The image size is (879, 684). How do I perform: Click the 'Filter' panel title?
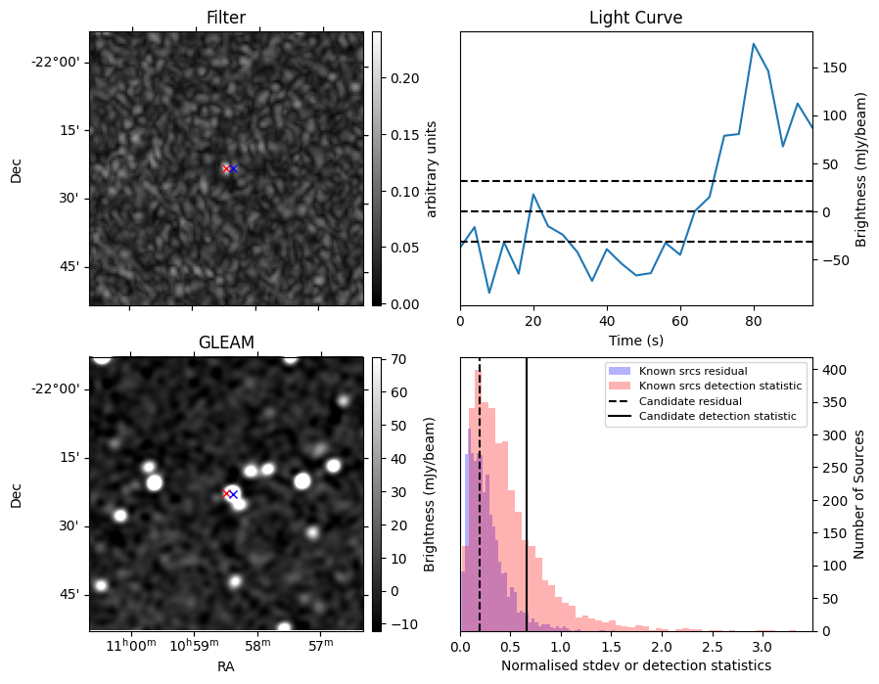[x=226, y=18]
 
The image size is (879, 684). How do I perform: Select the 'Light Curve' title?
[x=635, y=18]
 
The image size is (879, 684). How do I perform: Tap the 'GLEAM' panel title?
[x=226, y=342]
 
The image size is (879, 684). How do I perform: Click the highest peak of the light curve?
[x=754, y=44]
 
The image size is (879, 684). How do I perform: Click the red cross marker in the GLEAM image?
[x=226, y=493]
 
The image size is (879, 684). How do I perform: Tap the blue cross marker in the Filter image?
[x=234, y=168]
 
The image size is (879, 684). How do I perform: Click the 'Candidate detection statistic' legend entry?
[x=717, y=417]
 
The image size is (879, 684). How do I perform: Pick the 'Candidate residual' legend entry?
[x=690, y=401]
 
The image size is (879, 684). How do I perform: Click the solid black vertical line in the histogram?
[x=527, y=489]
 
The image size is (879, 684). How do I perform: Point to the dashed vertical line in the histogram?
[x=480, y=489]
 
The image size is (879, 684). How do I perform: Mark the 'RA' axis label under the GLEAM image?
[x=226, y=666]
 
